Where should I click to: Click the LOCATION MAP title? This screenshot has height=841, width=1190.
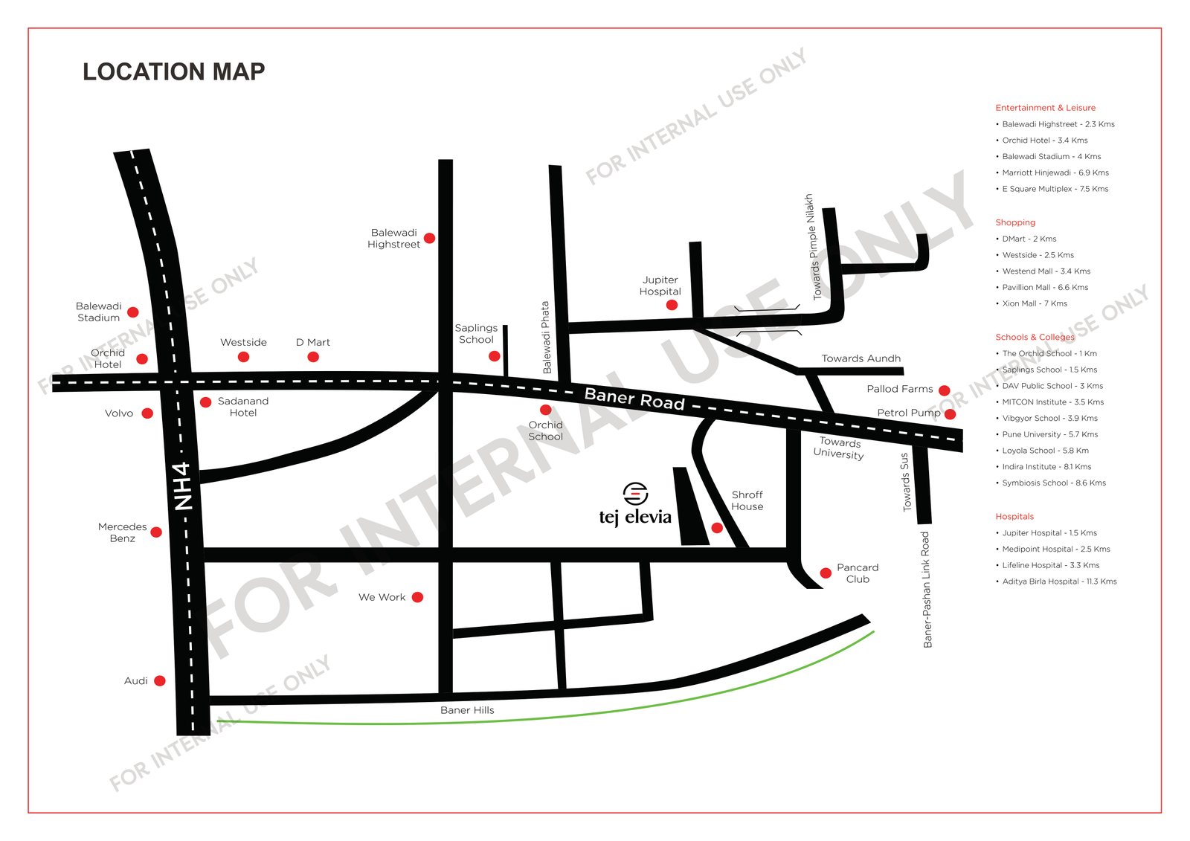(173, 71)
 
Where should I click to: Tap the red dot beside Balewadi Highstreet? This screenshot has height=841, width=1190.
(429, 238)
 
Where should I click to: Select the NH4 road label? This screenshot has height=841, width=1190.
(183, 486)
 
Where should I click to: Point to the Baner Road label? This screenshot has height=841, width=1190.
(634, 399)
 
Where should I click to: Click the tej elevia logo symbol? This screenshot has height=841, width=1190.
(635, 492)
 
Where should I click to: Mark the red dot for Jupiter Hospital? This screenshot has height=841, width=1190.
(672, 305)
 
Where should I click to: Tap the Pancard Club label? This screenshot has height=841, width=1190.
(857, 573)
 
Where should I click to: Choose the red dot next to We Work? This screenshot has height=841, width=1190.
(417, 597)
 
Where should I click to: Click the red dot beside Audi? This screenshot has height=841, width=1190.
(159, 680)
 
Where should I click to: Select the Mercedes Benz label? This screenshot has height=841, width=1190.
(122, 532)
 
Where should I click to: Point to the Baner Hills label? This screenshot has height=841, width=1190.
(467, 710)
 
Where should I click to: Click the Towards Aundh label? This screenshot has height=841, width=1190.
(861, 358)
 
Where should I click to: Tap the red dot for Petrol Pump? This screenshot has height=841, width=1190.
(950, 414)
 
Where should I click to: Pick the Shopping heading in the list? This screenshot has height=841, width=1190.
(1015, 222)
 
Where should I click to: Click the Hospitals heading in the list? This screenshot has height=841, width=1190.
(1014, 517)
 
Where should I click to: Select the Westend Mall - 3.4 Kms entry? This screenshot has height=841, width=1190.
(1046, 271)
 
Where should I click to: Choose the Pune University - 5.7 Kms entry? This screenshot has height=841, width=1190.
(1049, 434)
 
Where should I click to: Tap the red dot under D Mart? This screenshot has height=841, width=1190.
(313, 357)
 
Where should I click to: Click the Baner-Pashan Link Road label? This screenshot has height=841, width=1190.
(927, 589)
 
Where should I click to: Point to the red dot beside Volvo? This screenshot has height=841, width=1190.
(147, 413)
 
